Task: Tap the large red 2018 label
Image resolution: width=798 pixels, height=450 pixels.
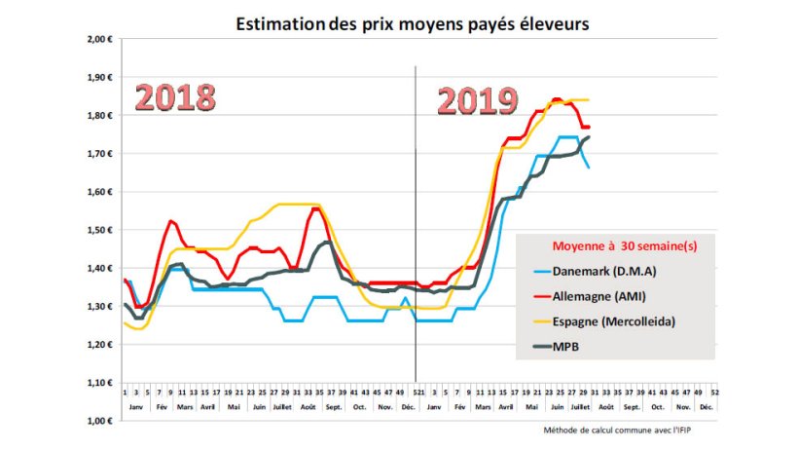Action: (x=175, y=97)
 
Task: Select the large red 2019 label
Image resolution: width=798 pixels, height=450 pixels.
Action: (x=476, y=100)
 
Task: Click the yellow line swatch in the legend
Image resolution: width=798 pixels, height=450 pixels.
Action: (x=544, y=319)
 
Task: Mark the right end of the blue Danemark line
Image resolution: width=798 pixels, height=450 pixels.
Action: (x=587, y=168)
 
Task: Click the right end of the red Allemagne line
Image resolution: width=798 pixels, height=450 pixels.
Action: (x=588, y=127)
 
